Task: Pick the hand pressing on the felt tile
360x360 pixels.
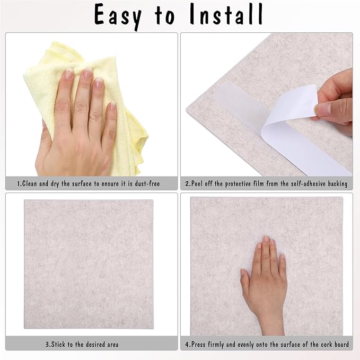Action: point(265,281)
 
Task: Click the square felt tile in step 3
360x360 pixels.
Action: point(89,265)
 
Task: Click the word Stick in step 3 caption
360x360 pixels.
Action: point(60,345)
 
